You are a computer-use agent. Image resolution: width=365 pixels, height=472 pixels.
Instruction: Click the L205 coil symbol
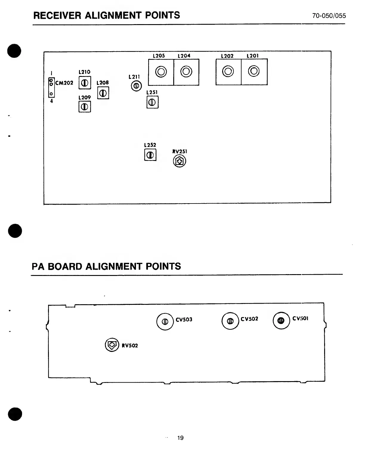coord(161,72)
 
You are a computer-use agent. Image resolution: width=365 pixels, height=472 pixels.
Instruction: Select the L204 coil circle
coord(186,72)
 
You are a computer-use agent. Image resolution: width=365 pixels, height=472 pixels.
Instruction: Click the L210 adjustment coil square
coord(85,83)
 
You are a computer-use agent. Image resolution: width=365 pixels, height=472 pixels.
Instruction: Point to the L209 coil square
coord(85,106)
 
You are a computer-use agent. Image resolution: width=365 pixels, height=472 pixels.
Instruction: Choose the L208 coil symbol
coord(103,93)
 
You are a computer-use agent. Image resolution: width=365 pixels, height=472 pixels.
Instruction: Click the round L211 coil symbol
coord(136,86)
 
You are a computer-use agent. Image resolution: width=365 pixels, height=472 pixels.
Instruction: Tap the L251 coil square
coord(152,103)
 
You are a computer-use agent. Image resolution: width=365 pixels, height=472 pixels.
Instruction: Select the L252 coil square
coord(150,155)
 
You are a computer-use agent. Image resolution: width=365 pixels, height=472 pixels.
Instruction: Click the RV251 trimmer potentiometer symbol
coord(180,162)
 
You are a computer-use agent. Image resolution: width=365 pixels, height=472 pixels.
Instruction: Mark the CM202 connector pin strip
coord(51,88)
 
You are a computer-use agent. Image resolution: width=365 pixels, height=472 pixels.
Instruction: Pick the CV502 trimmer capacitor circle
coord(230,321)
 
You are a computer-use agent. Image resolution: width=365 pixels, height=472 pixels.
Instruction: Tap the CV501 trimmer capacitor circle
coord(281,320)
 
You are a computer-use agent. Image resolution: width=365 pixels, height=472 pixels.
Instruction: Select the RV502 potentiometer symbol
coord(112,345)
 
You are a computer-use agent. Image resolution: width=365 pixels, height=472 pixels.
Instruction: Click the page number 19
coord(180,438)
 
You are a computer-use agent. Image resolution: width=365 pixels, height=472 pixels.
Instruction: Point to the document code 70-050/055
coord(329,16)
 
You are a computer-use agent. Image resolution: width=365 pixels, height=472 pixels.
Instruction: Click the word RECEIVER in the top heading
coord(57,15)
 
